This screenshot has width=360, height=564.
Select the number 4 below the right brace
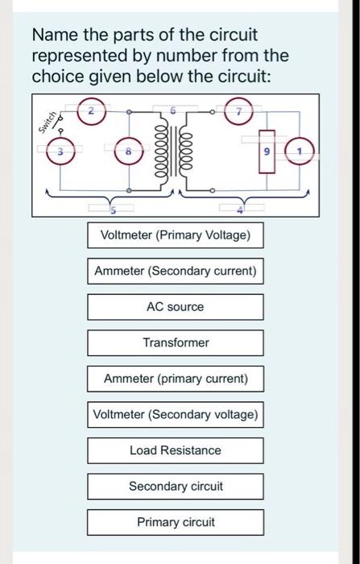pos(239,209)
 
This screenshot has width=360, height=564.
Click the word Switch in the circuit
pos(48,120)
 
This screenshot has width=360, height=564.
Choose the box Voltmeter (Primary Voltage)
pos(176,236)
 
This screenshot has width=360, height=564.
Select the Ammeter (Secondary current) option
pos(176,272)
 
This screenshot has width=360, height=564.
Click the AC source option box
pos(176,307)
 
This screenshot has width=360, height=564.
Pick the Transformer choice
pos(176,342)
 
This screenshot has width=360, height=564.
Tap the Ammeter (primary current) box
pos(176,379)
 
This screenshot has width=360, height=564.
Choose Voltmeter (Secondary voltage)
pos(176,414)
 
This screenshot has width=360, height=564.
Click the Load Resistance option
pos(176,450)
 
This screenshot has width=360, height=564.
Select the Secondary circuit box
pos(176,487)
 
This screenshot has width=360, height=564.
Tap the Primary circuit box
pos(176,522)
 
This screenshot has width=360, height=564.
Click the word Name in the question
pos(50,36)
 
